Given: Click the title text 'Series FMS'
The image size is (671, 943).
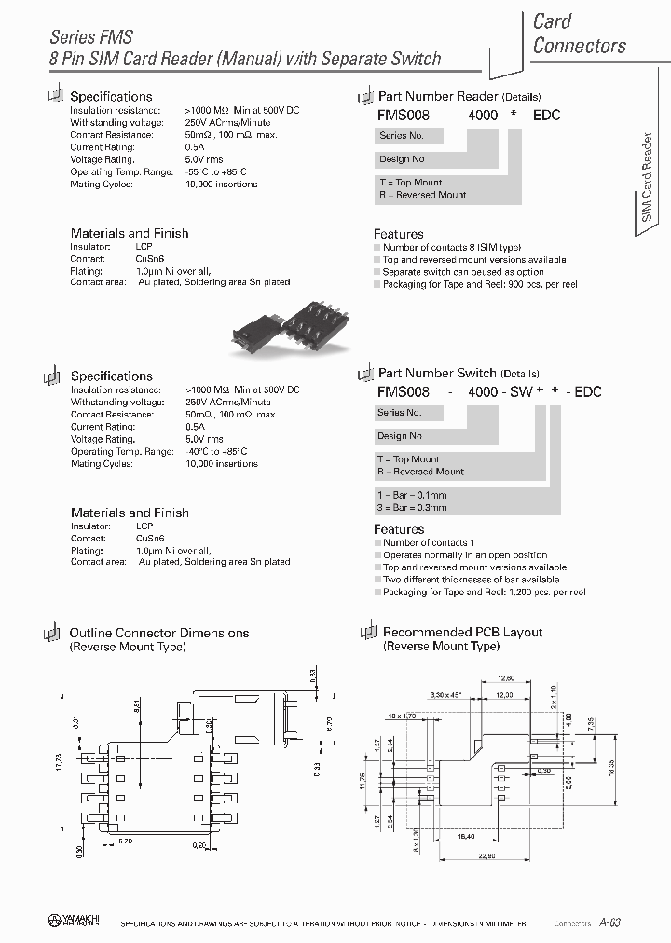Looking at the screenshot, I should click(x=90, y=37).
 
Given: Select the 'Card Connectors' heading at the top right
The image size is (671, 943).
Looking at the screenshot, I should click(x=579, y=34).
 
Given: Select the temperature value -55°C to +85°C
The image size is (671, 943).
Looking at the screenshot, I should click(x=216, y=172).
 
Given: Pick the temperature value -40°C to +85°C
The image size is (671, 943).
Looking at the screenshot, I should click(x=216, y=452).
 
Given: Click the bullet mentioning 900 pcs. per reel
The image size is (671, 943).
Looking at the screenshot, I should click(x=479, y=284).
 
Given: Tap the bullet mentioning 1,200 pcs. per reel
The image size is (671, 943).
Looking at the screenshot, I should click(x=484, y=592).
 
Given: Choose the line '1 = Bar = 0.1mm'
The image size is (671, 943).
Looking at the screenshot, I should click(x=412, y=495).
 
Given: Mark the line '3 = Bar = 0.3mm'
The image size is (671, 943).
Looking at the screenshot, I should click(x=412, y=507).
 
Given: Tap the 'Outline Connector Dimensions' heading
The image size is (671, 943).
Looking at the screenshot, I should click(x=159, y=633).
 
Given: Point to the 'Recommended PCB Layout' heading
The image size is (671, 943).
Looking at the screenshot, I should click(x=462, y=632).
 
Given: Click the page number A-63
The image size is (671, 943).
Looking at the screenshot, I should click(x=609, y=922).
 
